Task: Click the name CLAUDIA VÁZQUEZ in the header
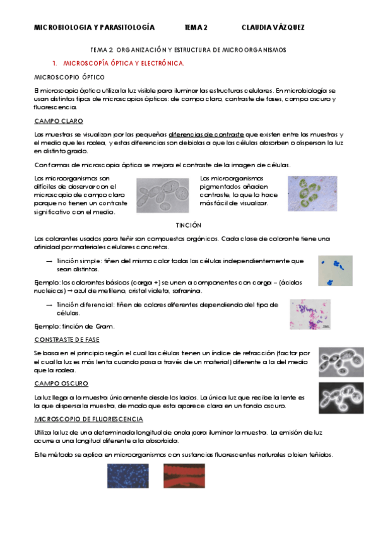pyautogui.click(x=273, y=28)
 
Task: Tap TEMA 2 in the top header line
pyautogui.click(x=196, y=28)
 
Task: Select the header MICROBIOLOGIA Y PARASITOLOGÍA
pyautogui.click(x=93, y=28)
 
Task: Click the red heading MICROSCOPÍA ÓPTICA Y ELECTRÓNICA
pyautogui.click(x=124, y=63)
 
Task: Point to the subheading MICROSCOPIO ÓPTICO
pyautogui.click(x=64, y=76)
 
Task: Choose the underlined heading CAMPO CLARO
pyautogui.click(x=59, y=121)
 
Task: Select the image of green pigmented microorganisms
pyautogui.click(x=312, y=193)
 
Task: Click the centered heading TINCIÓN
pyautogui.click(x=189, y=225)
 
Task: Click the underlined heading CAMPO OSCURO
pyautogui.click(x=61, y=384)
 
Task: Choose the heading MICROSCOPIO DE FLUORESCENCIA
pyautogui.click(x=88, y=419)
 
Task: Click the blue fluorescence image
pyautogui.click(x=127, y=476)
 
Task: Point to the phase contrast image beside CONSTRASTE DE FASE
pyautogui.click(x=341, y=362)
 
